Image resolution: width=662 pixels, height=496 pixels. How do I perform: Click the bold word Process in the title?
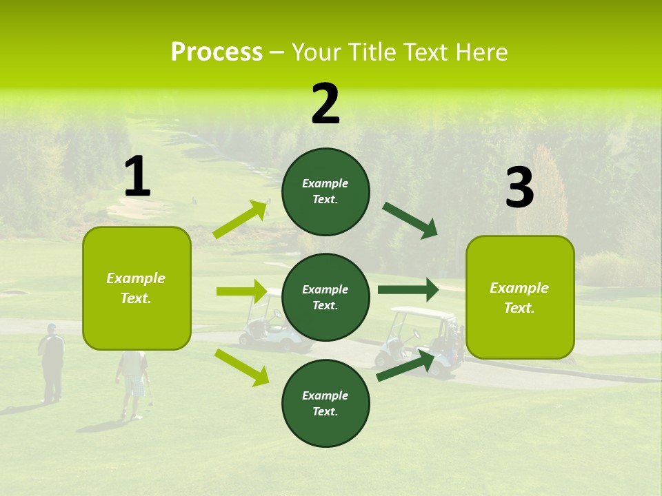pos(217,52)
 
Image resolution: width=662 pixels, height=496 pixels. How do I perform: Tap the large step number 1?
pos(137,177)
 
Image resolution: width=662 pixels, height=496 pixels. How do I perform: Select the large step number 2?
pos(325,104)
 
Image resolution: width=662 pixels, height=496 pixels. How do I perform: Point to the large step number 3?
pos(519,188)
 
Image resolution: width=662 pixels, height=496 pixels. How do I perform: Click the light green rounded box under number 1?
pos(137,288)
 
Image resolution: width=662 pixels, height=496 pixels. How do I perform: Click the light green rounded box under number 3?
pos(520,297)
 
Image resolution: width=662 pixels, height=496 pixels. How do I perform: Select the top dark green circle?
pos(325,192)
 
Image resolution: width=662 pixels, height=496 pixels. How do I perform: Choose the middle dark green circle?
pos(325,297)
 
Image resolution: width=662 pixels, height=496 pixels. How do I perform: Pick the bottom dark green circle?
pos(325,403)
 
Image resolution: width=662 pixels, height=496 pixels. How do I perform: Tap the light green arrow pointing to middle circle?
pos(241,291)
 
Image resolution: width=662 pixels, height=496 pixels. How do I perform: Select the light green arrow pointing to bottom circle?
pos(241,367)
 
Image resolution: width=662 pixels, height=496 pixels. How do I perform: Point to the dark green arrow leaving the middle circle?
pos(408,289)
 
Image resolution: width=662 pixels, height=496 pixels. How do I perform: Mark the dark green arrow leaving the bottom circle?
pos(405,366)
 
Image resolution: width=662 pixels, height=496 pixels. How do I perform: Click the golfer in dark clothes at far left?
pos(51,362)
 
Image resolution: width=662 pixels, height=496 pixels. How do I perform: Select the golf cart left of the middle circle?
pos(262,324)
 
